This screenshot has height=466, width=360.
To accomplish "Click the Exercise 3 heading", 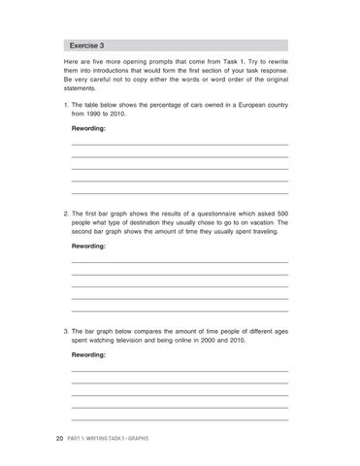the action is tap(88, 46).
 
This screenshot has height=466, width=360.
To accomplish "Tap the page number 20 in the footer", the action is tap(60, 439).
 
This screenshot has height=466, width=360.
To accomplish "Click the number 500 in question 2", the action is tap(279, 212).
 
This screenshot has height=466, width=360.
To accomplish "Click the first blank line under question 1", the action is tap(180, 145).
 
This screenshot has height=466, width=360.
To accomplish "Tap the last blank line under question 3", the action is tap(180, 419).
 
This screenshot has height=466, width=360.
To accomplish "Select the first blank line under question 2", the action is tap(180, 263).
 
